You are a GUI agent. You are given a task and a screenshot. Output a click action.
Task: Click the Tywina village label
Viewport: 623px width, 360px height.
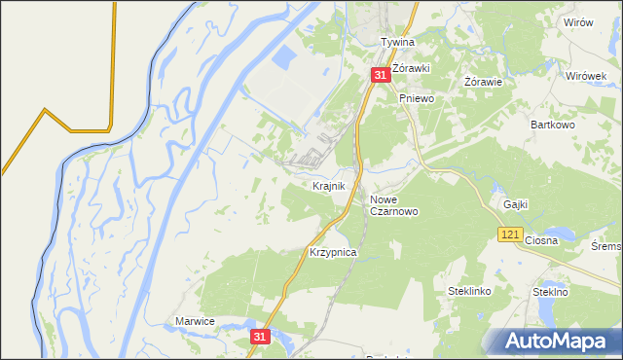(397, 43)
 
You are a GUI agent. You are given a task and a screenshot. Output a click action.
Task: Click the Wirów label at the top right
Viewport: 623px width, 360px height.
(577, 22)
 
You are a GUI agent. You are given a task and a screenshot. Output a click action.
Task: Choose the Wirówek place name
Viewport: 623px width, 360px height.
(586, 76)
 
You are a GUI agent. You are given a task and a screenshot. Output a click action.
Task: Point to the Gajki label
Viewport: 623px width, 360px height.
(516, 204)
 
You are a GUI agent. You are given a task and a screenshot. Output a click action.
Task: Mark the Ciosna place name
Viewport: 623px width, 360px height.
(540, 240)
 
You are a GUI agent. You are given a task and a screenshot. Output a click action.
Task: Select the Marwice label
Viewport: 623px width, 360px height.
(194, 321)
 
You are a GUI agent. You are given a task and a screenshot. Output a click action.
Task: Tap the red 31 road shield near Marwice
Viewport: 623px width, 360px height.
(258, 336)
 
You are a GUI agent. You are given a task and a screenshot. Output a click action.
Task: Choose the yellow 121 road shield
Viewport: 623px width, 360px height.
(509, 234)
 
